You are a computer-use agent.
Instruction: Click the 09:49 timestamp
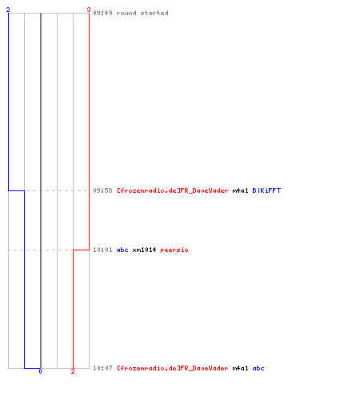click(x=102, y=13)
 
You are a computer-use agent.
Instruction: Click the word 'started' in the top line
click(x=154, y=13)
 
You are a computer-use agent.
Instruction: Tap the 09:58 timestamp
click(x=102, y=190)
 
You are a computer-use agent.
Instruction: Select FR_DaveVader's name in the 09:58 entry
click(x=173, y=190)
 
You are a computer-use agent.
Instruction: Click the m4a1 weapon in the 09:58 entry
click(x=240, y=190)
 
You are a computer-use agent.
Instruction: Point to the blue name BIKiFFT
click(x=266, y=190)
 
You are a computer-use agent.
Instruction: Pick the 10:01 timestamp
click(x=102, y=250)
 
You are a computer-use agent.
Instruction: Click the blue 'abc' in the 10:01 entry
click(x=122, y=250)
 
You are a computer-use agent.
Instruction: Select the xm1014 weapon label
click(x=144, y=250)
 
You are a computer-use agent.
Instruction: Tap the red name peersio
click(x=174, y=250)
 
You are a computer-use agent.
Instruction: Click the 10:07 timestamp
click(x=102, y=368)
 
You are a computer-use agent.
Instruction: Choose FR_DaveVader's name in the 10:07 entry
click(x=173, y=368)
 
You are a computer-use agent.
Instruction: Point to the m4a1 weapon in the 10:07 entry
click(x=240, y=368)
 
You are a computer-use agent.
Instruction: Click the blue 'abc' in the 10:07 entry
click(x=258, y=368)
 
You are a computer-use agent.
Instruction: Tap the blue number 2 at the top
click(x=8, y=10)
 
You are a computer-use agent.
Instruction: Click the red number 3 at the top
click(x=89, y=10)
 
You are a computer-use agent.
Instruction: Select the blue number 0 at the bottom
click(x=40, y=371)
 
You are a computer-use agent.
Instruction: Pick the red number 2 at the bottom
click(x=73, y=371)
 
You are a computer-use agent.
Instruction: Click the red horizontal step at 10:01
click(x=81, y=250)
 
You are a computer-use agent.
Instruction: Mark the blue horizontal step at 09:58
click(x=16, y=190)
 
